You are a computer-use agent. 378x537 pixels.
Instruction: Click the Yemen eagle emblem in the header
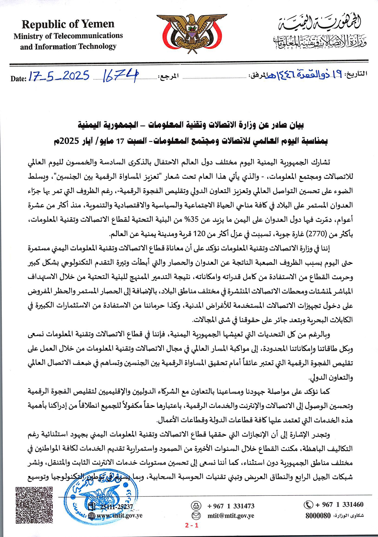pyautogui.click(x=191, y=32)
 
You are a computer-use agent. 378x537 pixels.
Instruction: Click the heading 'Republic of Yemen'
pyautogui.click(x=68, y=24)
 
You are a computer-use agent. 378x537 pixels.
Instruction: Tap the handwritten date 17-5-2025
pyautogui.click(x=58, y=76)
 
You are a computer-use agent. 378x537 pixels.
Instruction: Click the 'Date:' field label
pyautogui.click(x=18, y=79)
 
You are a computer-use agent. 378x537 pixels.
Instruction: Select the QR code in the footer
pyautogui.click(x=34, y=505)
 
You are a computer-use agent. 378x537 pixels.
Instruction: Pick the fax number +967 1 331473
pyautogui.click(x=231, y=506)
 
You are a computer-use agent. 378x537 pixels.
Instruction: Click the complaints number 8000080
pyautogui.click(x=318, y=516)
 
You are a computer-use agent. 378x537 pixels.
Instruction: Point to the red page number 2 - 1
pyautogui.click(x=192, y=525)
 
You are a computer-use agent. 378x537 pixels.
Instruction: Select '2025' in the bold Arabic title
pyautogui.click(x=72, y=141)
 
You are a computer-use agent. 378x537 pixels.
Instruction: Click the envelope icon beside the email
pyautogui.click(x=196, y=516)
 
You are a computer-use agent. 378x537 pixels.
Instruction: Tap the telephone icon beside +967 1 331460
pyautogui.click(x=308, y=505)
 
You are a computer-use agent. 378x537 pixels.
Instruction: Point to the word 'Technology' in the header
pyautogui.click(x=97, y=47)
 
